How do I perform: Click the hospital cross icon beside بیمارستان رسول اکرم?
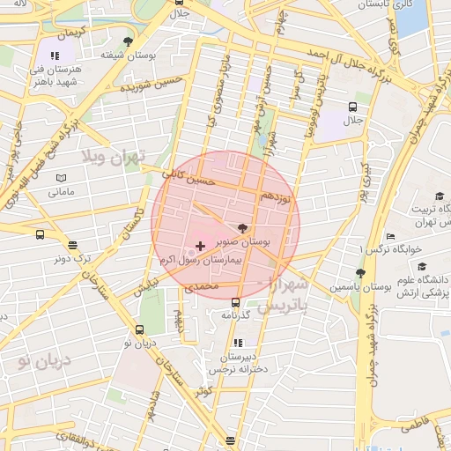(200, 243)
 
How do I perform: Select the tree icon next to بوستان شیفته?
(129, 41)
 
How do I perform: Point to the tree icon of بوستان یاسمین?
(359, 273)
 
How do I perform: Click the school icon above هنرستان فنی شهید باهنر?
(56, 55)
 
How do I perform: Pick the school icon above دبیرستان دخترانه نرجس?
(236, 343)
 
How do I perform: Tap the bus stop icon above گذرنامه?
(235, 302)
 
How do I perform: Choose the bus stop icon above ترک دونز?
(72, 246)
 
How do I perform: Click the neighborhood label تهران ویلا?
(111, 159)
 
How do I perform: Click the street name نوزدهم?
(277, 200)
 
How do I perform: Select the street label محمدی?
(200, 286)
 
